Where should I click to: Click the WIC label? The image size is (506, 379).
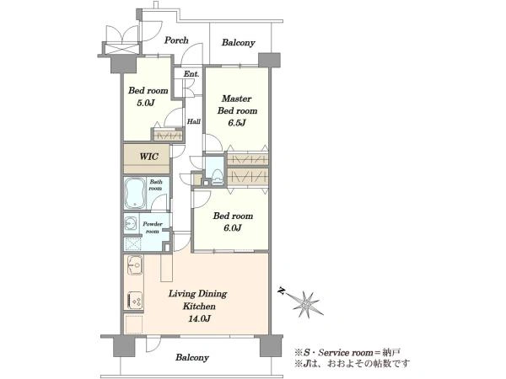tap(148, 157)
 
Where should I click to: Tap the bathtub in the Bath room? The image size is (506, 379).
tap(136, 194)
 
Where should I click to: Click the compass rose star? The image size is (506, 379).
tap(306, 303)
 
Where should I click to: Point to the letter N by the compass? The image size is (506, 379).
tap(282, 292)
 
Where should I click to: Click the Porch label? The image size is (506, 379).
tap(176, 40)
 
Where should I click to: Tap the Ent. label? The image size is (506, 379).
tap(191, 74)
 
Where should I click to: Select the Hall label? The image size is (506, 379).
tap(194, 121)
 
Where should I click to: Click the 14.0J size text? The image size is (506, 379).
tap(199, 318)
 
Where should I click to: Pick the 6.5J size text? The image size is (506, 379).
tap(237, 123)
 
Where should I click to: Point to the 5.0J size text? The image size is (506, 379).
tap(146, 103)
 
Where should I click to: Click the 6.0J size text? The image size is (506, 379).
tap(233, 228)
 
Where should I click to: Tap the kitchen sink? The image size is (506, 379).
tap(135, 265)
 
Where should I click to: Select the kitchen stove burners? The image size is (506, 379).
tap(135, 301)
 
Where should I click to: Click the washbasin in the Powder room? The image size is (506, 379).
tap(131, 223)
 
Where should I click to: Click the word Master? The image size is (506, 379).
tap(236, 99)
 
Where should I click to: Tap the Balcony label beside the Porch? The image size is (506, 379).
tap(239, 43)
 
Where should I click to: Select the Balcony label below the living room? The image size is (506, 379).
tap(192, 357)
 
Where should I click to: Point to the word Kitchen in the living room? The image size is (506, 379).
tap(199, 307)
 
